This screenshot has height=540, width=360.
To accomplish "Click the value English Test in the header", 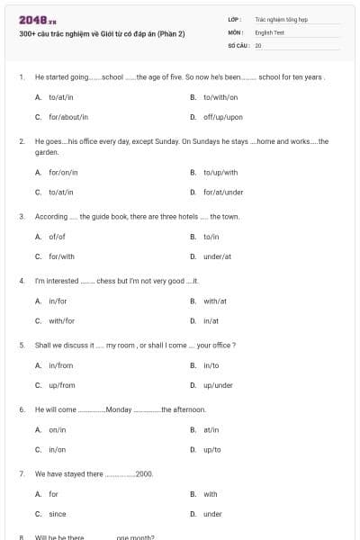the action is (269, 31).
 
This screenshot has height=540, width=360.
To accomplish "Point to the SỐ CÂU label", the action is (238, 44).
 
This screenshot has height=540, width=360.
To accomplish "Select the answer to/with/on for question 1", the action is (220, 96).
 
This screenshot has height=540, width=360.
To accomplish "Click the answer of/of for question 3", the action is (57, 236).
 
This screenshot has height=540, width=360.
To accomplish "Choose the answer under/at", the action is (217, 256).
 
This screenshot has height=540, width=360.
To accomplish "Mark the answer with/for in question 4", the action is (61, 320).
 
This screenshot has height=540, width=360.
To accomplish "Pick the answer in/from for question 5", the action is (60, 365).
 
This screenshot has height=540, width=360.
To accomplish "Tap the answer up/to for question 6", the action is (212, 449).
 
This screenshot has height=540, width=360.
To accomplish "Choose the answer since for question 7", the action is (57, 514).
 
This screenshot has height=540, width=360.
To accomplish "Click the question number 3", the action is (21, 217).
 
